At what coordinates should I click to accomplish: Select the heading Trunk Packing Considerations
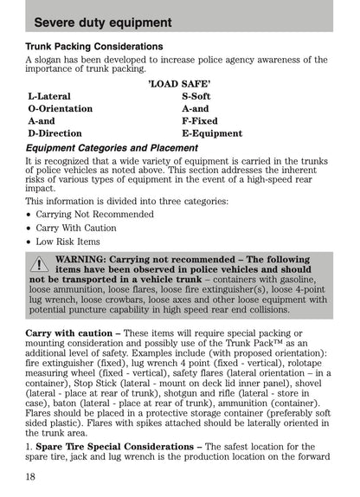pyautogui.click(x=94, y=46)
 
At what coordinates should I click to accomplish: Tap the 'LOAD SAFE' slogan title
pyautogui.click(x=180, y=83)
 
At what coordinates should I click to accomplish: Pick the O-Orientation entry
pyautogui.click(x=60, y=109)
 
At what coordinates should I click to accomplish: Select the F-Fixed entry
pyautogui.click(x=199, y=122)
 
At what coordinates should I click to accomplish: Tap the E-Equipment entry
pyautogui.click(x=212, y=134)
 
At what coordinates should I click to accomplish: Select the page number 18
pyautogui.click(x=32, y=474)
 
